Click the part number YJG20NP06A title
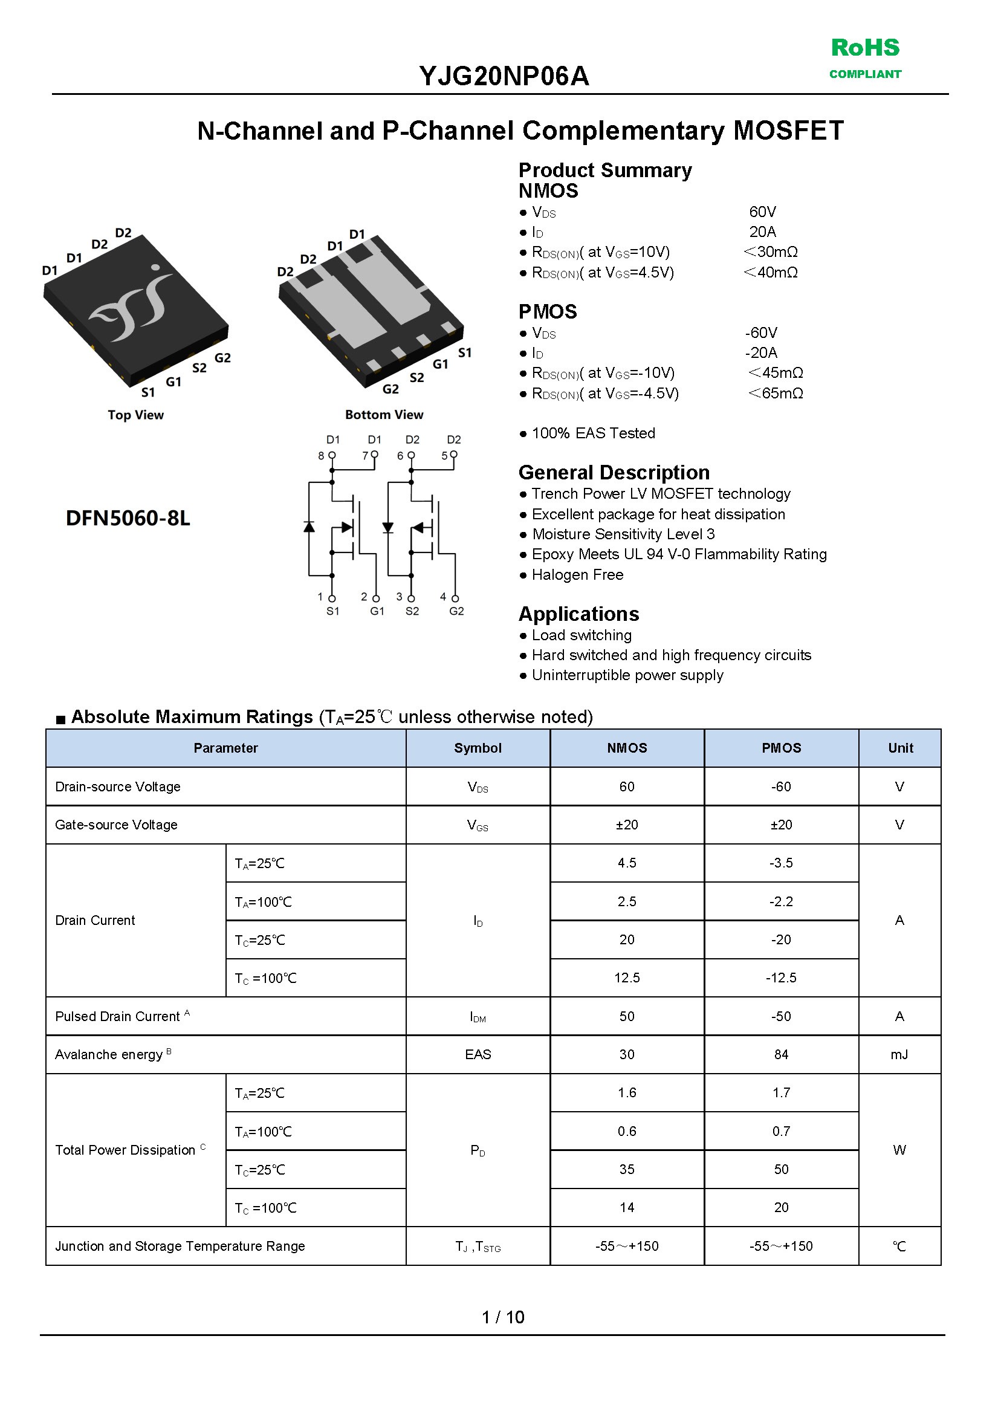tap(504, 76)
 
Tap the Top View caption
tap(135, 415)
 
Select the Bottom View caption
tap(384, 415)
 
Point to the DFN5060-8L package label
tap(128, 517)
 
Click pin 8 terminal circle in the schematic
tap(332, 455)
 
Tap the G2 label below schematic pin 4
tap(456, 611)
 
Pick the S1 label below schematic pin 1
tap(333, 611)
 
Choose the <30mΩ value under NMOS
tap(771, 252)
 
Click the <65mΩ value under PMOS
tap(776, 394)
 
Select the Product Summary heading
tap(604, 170)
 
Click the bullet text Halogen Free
tap(577, 574)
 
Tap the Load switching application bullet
tap(581, 635)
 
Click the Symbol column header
tap(478, 748)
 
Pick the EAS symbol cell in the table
tap(478, 1054)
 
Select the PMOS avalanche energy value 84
tap(781, 1054)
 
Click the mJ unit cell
tap(899, 1054)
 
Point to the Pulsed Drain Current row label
tap(118, 1016)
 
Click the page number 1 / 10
tap(502, 1317)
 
